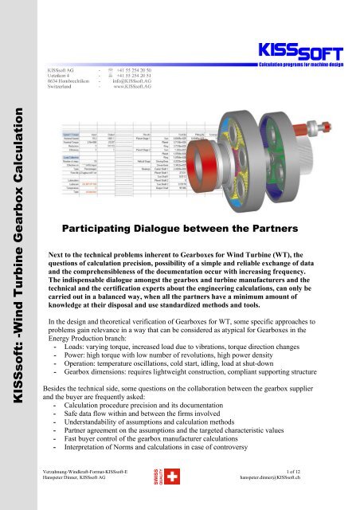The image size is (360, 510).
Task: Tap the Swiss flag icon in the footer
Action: tap(178, 499)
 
